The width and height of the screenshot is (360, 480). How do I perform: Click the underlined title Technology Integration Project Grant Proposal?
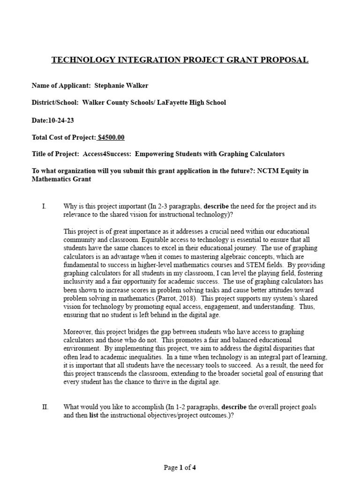180,60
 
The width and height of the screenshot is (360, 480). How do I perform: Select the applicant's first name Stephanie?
111,85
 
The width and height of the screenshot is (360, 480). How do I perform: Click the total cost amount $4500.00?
111,137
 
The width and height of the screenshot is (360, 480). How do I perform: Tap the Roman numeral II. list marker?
45,407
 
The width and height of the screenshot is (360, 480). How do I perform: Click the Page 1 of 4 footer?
180,467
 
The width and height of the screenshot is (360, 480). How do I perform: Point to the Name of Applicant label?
61,85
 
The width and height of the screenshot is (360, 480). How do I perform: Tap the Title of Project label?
55,154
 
